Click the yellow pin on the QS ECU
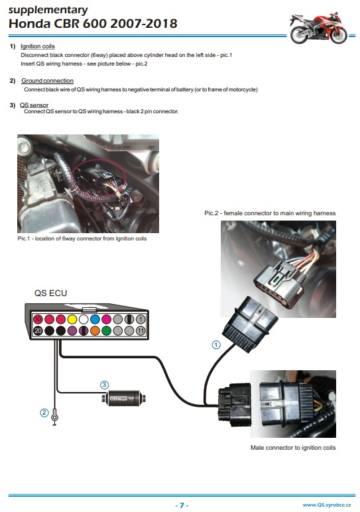point(72,319)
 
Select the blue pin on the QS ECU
point(95,319)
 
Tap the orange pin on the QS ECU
point(95,331)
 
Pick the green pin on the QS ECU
point(106,331)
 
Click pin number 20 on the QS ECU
point(38,331)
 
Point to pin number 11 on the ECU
point(141,331)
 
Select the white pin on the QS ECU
point(84,319)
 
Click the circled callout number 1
point(216,344)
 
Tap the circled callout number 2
point(44,413)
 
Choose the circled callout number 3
point(104,385)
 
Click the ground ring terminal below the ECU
point(55,417)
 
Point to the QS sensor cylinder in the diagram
point(123,398)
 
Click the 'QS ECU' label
point(50,293)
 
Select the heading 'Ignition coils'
point(38,46)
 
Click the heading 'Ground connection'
point(48,81)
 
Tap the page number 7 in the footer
point(182,505)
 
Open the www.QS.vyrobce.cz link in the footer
point(327,505)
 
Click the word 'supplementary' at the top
point(48,10)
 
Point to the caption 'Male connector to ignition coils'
point(293,448)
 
